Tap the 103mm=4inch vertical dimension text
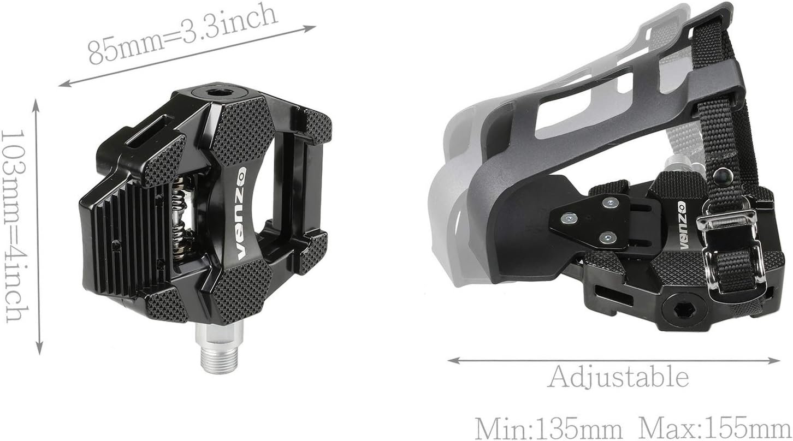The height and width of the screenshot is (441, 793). click(x=14, y=226)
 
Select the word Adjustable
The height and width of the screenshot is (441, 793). click(x=618, y=377)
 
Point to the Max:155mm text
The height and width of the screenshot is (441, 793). click(x=714, y=428)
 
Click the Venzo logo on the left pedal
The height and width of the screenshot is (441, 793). click(x=242, y=213)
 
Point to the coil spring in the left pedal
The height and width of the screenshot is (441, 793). click(x=181, y=218)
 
